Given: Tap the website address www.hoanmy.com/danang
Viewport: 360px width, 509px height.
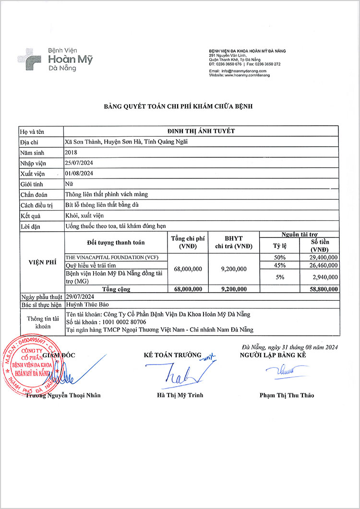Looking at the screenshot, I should pos(247,75).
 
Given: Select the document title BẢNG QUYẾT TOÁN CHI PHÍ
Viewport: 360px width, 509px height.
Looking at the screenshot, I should pos(179,106).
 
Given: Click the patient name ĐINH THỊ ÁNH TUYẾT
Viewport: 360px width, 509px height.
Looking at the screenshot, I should pos(201,131).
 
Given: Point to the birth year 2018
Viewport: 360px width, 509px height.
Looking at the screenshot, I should pos(71,152).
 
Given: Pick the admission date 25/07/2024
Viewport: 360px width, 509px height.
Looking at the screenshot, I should pos(79,163).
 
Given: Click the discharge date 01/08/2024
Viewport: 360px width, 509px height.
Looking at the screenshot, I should pos(79,173).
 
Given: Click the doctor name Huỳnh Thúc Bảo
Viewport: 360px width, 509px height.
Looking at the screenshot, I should pos(85,305).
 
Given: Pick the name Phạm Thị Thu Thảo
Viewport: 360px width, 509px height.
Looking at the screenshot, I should pos(287,395).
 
